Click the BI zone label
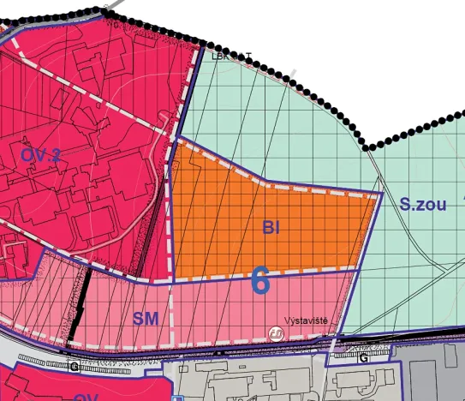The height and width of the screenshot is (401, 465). (x=272, y=227)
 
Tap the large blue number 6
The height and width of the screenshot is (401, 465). (x=261, y=280)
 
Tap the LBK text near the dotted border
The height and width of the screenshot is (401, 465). (x=221, y=57)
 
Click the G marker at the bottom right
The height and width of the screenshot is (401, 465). (x=364, y=357)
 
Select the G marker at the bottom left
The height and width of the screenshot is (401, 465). (x=75, y=366)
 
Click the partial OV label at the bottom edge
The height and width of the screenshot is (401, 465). (x=86, y=397)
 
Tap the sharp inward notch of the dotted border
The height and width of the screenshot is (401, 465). (x=368, y=147)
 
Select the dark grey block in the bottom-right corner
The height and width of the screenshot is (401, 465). (x=437, y=373)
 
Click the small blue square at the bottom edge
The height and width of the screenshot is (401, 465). (x=175, y=398)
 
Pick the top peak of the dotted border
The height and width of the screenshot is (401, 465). (x=109, y=7)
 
